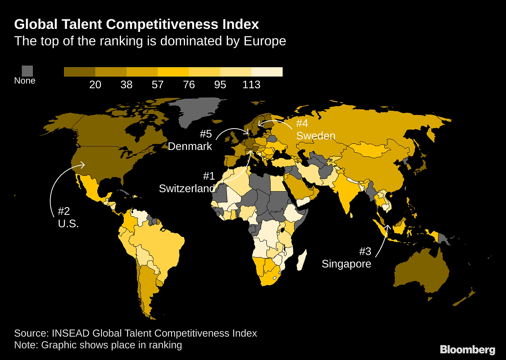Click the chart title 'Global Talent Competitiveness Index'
pyautogui.click(x=136, y=25)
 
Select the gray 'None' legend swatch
pyautogui.click(x=27, y=71)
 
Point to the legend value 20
pyautogui.click(x=95, y=85)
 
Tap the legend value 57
pyautogui.click(x=157, y=85)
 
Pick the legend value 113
pyautogui.click(x=251, y=85)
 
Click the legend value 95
pyautogui.click(x=220, y=85)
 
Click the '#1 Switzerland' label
pyautogui.click(x=187, y=182)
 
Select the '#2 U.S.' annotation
pyautogui.click(x=68, y=217)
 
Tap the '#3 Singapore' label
pyautogui.click(x=347, y=258)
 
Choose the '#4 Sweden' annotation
pyautogui.click(x=315, y=130)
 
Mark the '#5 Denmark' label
pyautogui.click(x=190, y=140)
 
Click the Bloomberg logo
pyautogui.click(x=468, y=350)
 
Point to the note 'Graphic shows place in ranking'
pyautogui.click(x=111, y=345)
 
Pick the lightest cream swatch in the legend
pyautogui.click(x=267, y=72)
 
